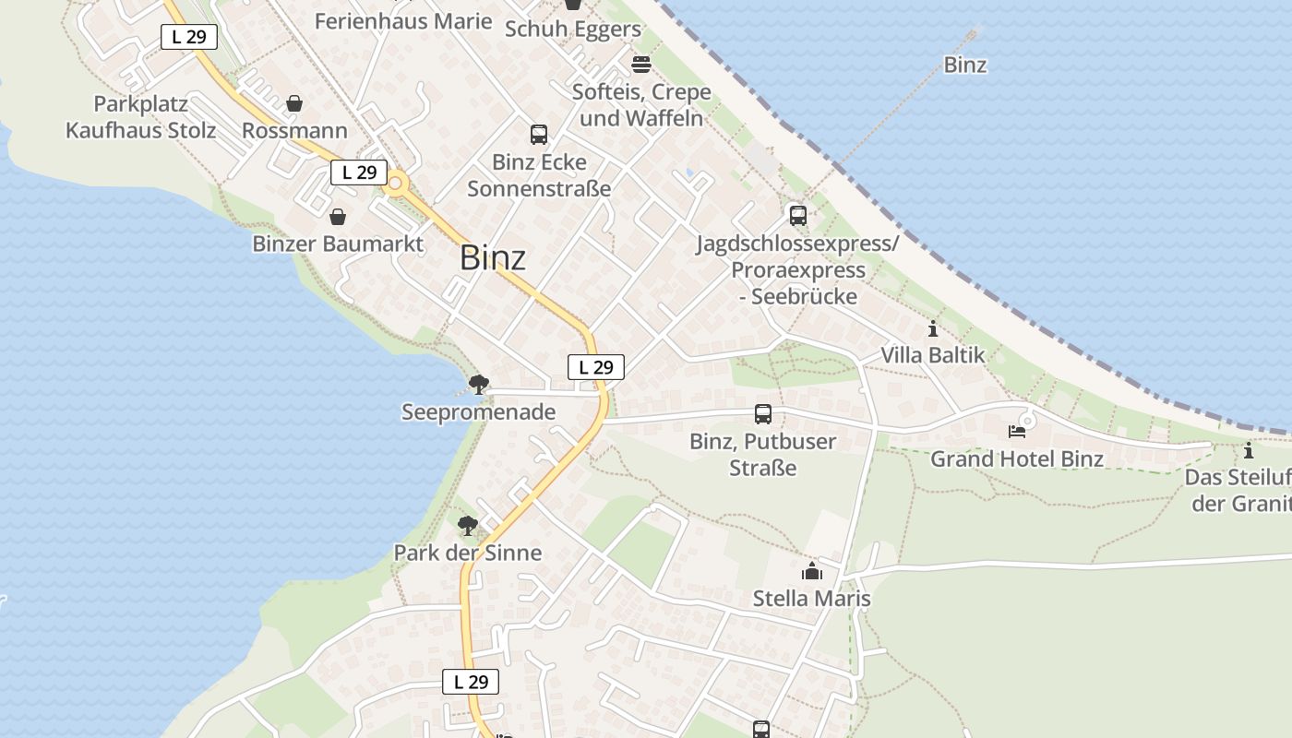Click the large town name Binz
(x=493, y=257)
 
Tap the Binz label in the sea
(x=964, y=65)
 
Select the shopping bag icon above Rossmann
(x=294, y=103)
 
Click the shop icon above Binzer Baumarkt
(x=338, y=217)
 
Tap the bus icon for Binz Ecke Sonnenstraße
(x=539, y=135)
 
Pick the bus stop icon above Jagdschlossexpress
(x=797, y=216)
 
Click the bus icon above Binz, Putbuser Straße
(x=762, y=414)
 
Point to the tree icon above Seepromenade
(x=478, y=384)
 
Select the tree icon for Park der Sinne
(x=468, y=526)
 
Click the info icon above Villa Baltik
(x=932, y=328)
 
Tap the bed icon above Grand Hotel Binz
(x=1016, y=431)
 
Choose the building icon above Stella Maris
(x=811, y=572)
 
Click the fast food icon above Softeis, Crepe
(x=640, y=65)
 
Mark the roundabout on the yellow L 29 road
(x=396, y=184)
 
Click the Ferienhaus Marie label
(x=403, y=20)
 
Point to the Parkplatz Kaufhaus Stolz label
(x=141, y=117)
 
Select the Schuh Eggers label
(x=572, y=29)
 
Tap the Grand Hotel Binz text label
(x=1016, y=458)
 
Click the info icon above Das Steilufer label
(x=1248, y=451)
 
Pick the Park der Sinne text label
(x=467, y=553)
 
